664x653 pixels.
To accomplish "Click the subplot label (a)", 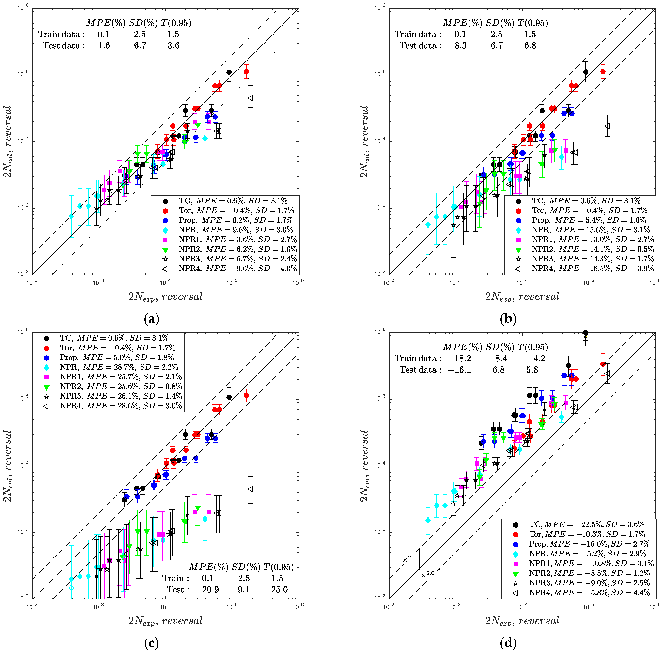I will click(x=151, y=319).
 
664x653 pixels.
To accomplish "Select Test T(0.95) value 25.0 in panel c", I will click(x=279, y=590).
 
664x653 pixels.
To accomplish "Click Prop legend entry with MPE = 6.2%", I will click(x=235, y=220).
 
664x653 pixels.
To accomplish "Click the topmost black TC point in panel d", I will click(x=586, y=333).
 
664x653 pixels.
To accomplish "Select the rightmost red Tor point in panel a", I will click(x=246, y=71).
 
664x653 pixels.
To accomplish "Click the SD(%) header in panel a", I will click(x=143, y=23).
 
